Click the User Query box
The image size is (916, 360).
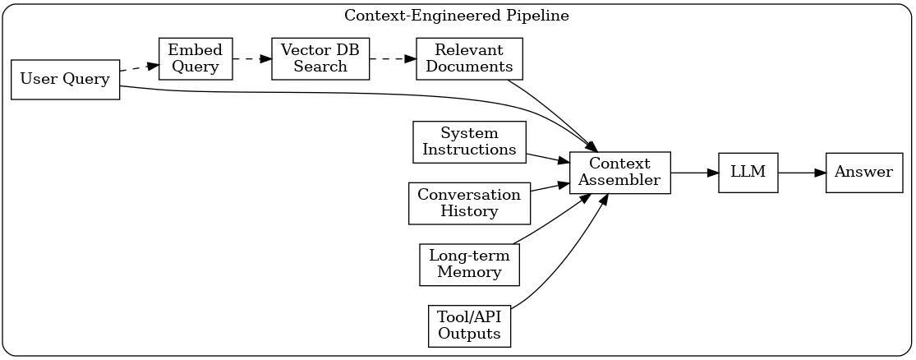[x=66, y=80]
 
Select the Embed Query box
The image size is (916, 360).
[x=195, y=58]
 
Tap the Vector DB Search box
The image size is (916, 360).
[x=320, y=58]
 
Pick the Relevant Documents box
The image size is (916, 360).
[x=469, y=58]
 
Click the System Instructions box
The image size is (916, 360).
[x=469, y=142]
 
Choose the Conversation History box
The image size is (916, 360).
[x=469, y=203]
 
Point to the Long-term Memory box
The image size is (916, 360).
[x=469, y=265]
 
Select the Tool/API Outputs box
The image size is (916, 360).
[x=469, y=325]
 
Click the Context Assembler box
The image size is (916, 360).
[x=620, y=173]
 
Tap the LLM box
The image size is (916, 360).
[x=748, y=173]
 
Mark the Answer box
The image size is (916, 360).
[x=864, y=173]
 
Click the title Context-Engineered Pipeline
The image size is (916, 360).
[x=457, y=16]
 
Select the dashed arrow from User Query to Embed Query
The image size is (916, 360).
[x=139, y=68]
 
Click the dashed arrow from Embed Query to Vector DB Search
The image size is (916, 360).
[x=251, y=58]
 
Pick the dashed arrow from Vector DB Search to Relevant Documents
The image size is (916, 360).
[x=393, y=58]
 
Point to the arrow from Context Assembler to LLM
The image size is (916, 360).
[x=694, y=173]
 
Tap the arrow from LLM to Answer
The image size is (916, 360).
[x=801, y=173]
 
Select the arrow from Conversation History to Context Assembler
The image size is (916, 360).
[x=550, y=187]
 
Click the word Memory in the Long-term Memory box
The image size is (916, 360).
[x=469, y=273]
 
